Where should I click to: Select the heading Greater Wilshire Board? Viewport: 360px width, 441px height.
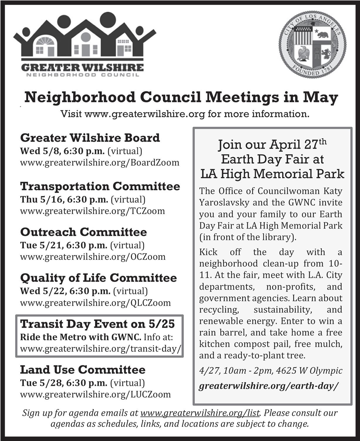(x=90, y=138)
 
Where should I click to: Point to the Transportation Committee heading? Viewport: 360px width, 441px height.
(x=100, y=186)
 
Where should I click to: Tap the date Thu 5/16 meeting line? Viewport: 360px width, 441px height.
(x=83, y=199)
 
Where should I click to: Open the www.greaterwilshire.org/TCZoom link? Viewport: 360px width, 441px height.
(x=92, y=211)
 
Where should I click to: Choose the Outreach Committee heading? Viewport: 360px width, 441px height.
(x=83, y=232)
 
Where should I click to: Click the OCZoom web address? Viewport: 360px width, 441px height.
(x=92, y=256)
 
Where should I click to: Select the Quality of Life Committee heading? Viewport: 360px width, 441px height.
(x=98, y=278)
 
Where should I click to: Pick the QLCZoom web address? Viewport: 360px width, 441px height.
(x=95, y=303)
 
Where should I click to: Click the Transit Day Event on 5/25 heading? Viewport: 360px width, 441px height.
(x=97, y=324)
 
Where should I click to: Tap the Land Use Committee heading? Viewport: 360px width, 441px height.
(x=83, y=369)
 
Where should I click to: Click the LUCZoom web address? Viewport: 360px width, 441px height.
(x=95, y=394)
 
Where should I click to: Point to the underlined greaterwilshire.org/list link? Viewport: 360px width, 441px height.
(x=200, y=413)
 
